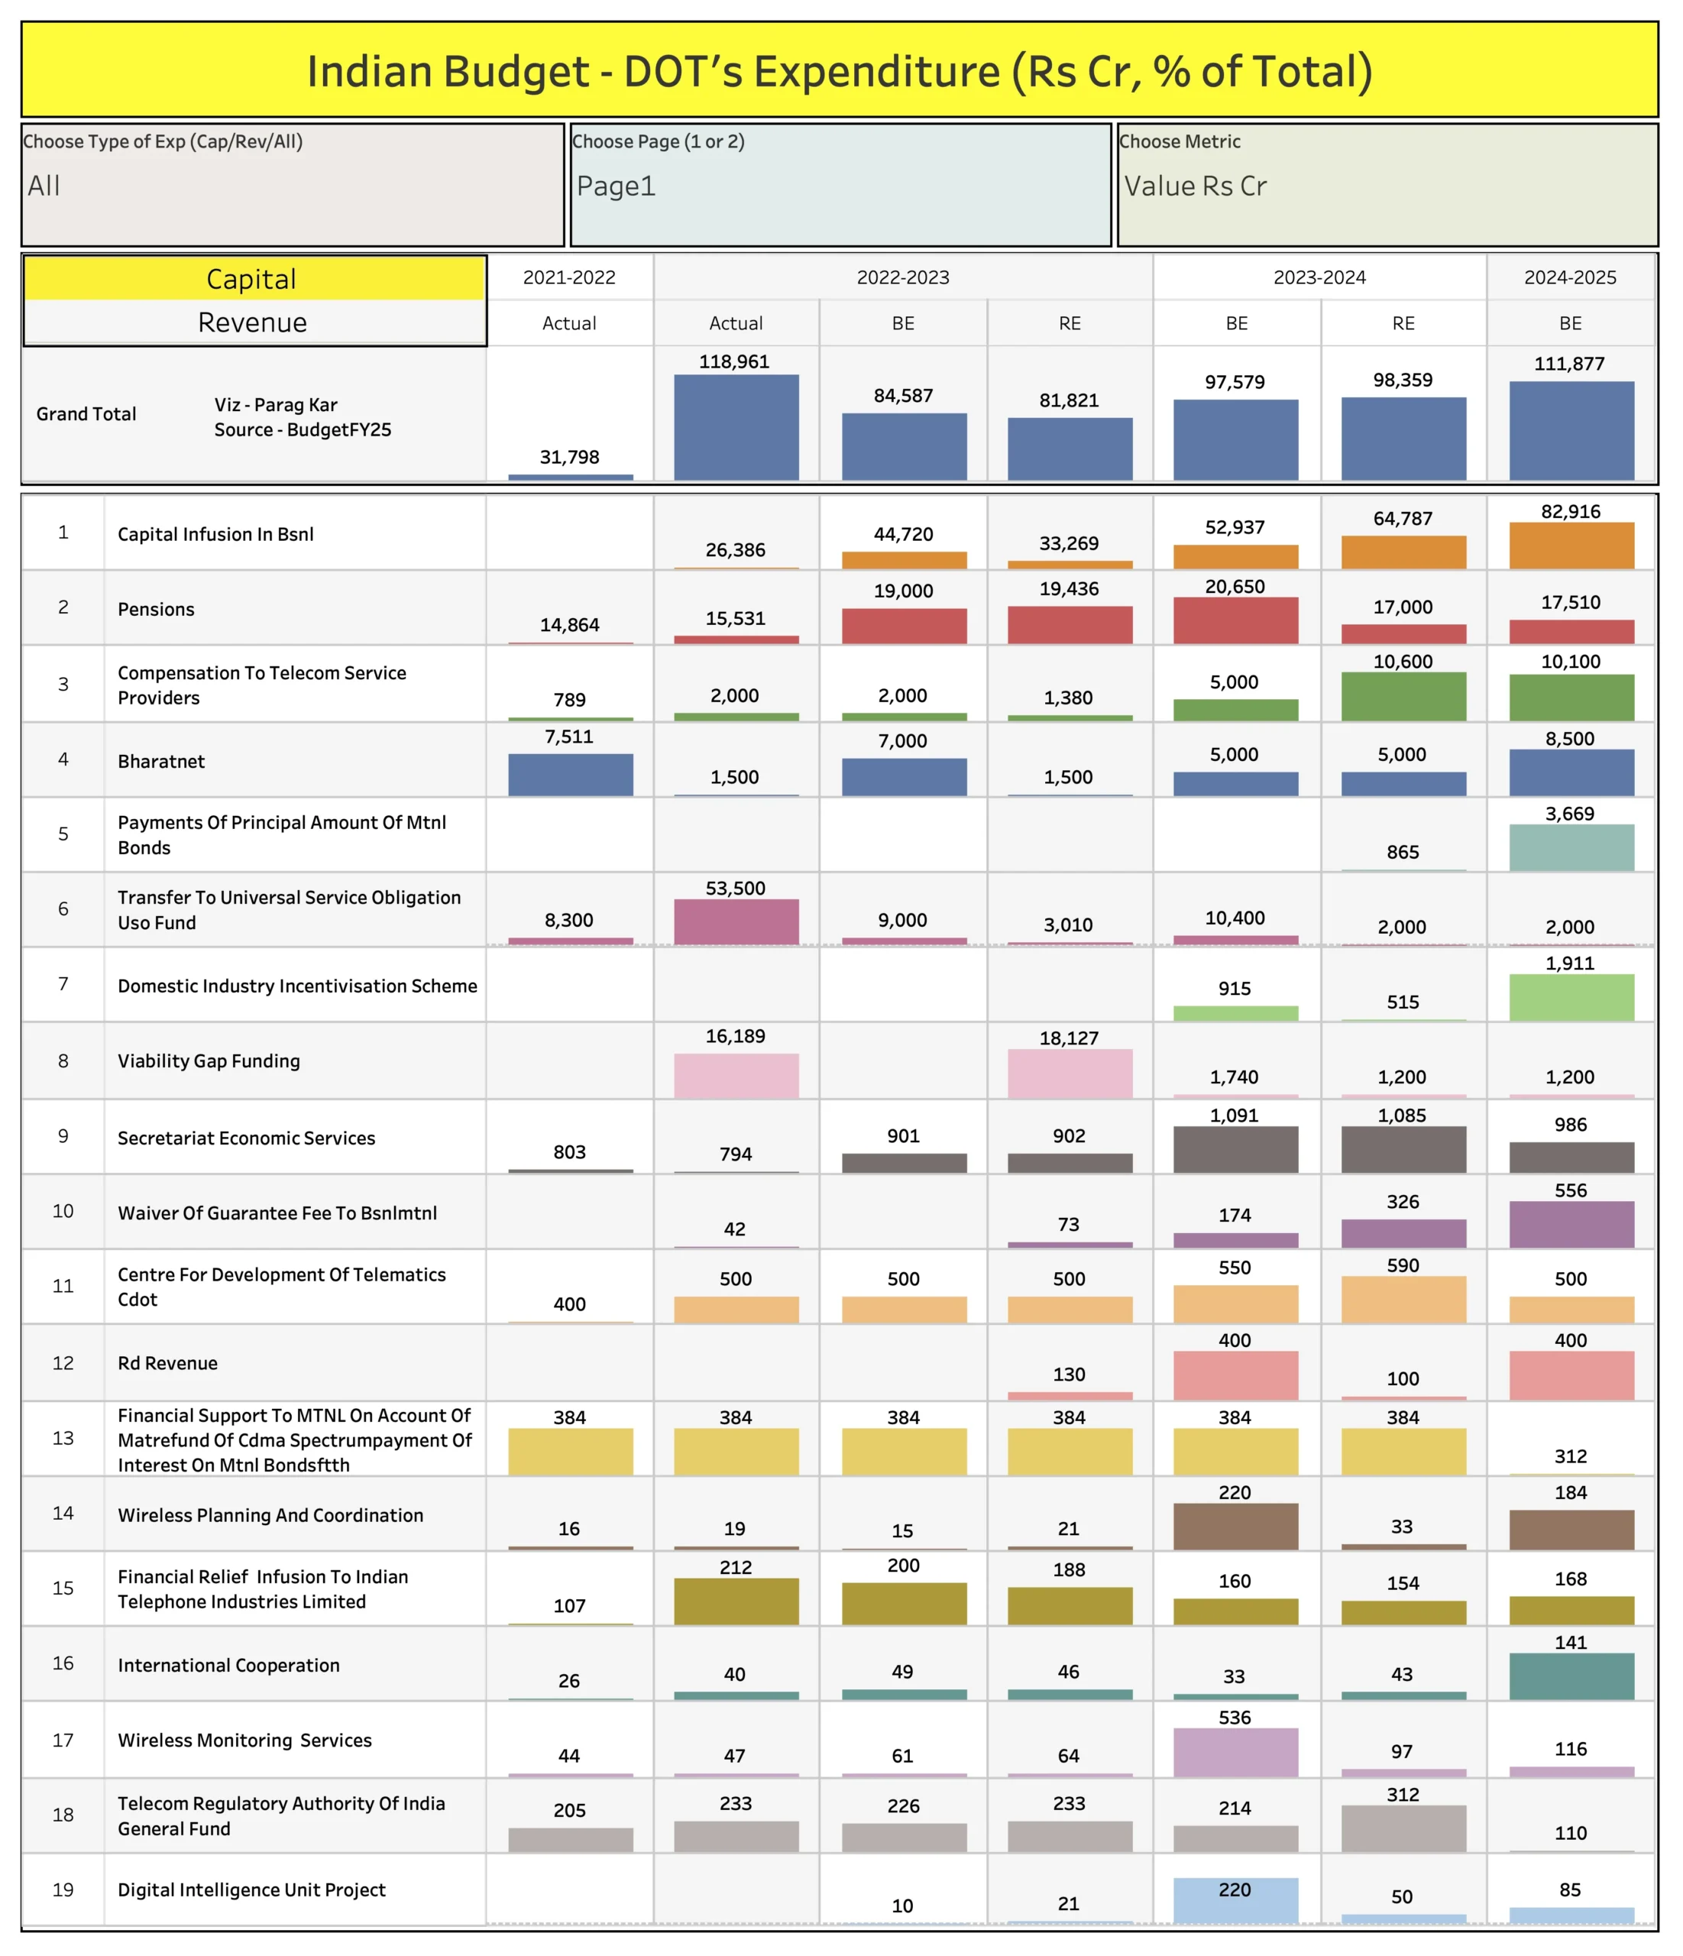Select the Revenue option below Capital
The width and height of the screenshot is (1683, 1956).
click(x=253, y=323)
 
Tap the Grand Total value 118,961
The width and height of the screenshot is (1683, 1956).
click(x=734, y=361)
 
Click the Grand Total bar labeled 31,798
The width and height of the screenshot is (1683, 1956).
click(x=570, y=477)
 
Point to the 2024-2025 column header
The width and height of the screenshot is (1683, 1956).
click(x=1570, y=277)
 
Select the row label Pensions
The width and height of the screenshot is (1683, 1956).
click(x=157, y=609)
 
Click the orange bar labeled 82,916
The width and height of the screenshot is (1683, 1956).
click(x=1571, y=546)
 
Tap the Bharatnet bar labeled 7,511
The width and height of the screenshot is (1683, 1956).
click(x=570, y=774)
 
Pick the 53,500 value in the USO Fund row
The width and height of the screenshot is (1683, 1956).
click(x=735, y=889)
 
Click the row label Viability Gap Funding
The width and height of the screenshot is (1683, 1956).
click(x=209, y=1061)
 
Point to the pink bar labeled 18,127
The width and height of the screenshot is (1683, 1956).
click(x=1070, y=1074)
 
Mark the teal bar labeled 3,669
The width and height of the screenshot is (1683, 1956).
click(x=1571, y=847)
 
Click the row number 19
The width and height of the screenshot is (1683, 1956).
click(x=63, y=1889)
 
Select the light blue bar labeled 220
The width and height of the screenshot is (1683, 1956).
click(x=1235, y=1899)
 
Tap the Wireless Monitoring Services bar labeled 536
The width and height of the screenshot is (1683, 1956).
click(x=1235, y=1752)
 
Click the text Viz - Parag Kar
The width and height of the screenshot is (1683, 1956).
click(x=276, y=405)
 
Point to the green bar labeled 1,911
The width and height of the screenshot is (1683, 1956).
click(x=1571, y=997)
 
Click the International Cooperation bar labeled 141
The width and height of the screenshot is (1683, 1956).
click(x=1571, y=1676)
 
